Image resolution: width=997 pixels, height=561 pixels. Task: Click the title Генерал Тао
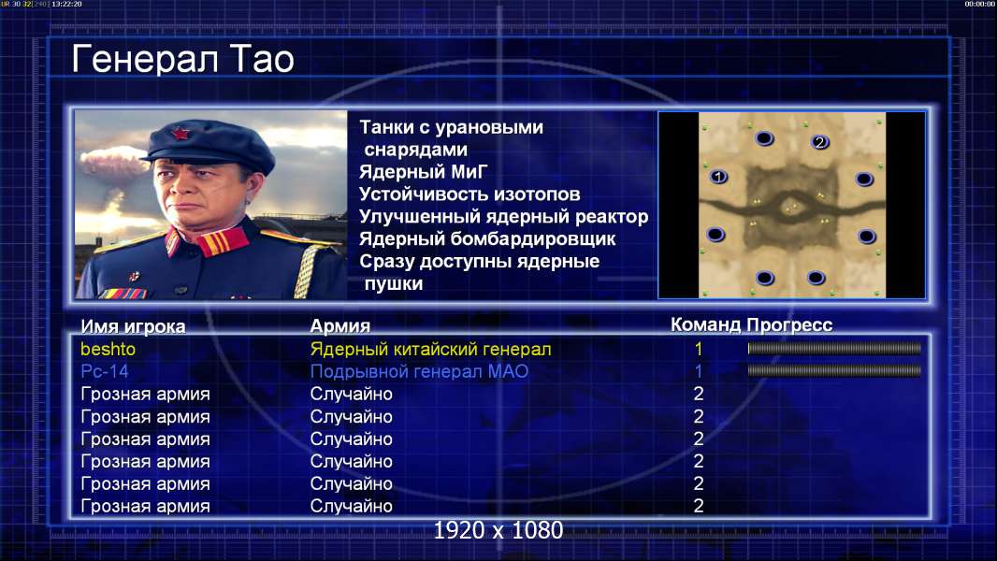[x=182, y=59]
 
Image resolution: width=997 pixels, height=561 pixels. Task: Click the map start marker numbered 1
[x=718, y=176]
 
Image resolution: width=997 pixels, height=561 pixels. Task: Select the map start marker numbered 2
[x=819, y=142]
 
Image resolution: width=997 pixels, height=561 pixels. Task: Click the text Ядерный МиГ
[x=424, y=171]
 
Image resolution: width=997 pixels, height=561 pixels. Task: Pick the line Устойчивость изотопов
[x=470, y=194]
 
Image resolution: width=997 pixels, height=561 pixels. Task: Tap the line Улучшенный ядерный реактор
[x=503, y=217]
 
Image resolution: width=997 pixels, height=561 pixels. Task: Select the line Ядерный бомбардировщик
[x=487, y=238]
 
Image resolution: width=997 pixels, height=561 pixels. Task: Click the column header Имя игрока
[x=133, y=326]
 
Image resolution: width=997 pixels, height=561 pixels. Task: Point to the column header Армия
[x=340, y=326]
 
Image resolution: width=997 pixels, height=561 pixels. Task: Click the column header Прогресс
[x=789, y=324]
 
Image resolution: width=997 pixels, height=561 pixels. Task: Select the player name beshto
[x=108, y=349]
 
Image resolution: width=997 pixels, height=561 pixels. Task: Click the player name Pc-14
[x=105, y=371]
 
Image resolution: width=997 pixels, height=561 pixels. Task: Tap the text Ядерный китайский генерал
[x=430, y=350]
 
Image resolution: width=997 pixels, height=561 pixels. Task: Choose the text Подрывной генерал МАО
[x=419, y=372]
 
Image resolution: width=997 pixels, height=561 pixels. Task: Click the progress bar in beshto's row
[x=834, y=348]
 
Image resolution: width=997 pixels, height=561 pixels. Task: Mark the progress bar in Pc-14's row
[x=834, y=370]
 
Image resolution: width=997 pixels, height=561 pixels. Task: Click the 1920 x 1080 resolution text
[x=498, y=530]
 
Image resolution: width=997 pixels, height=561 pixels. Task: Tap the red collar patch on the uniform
[x=222, y=241]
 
